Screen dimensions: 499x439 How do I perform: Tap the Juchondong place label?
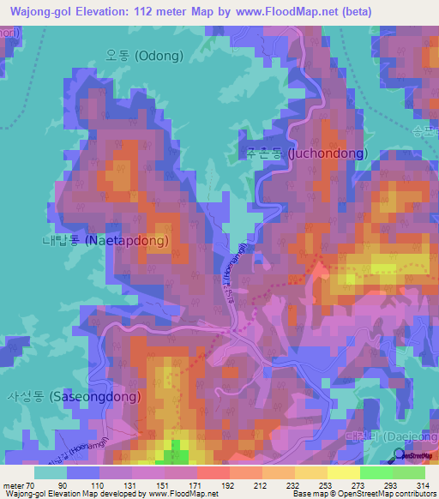tap(303, 154)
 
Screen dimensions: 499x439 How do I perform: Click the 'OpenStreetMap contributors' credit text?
tap(387, 493)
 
